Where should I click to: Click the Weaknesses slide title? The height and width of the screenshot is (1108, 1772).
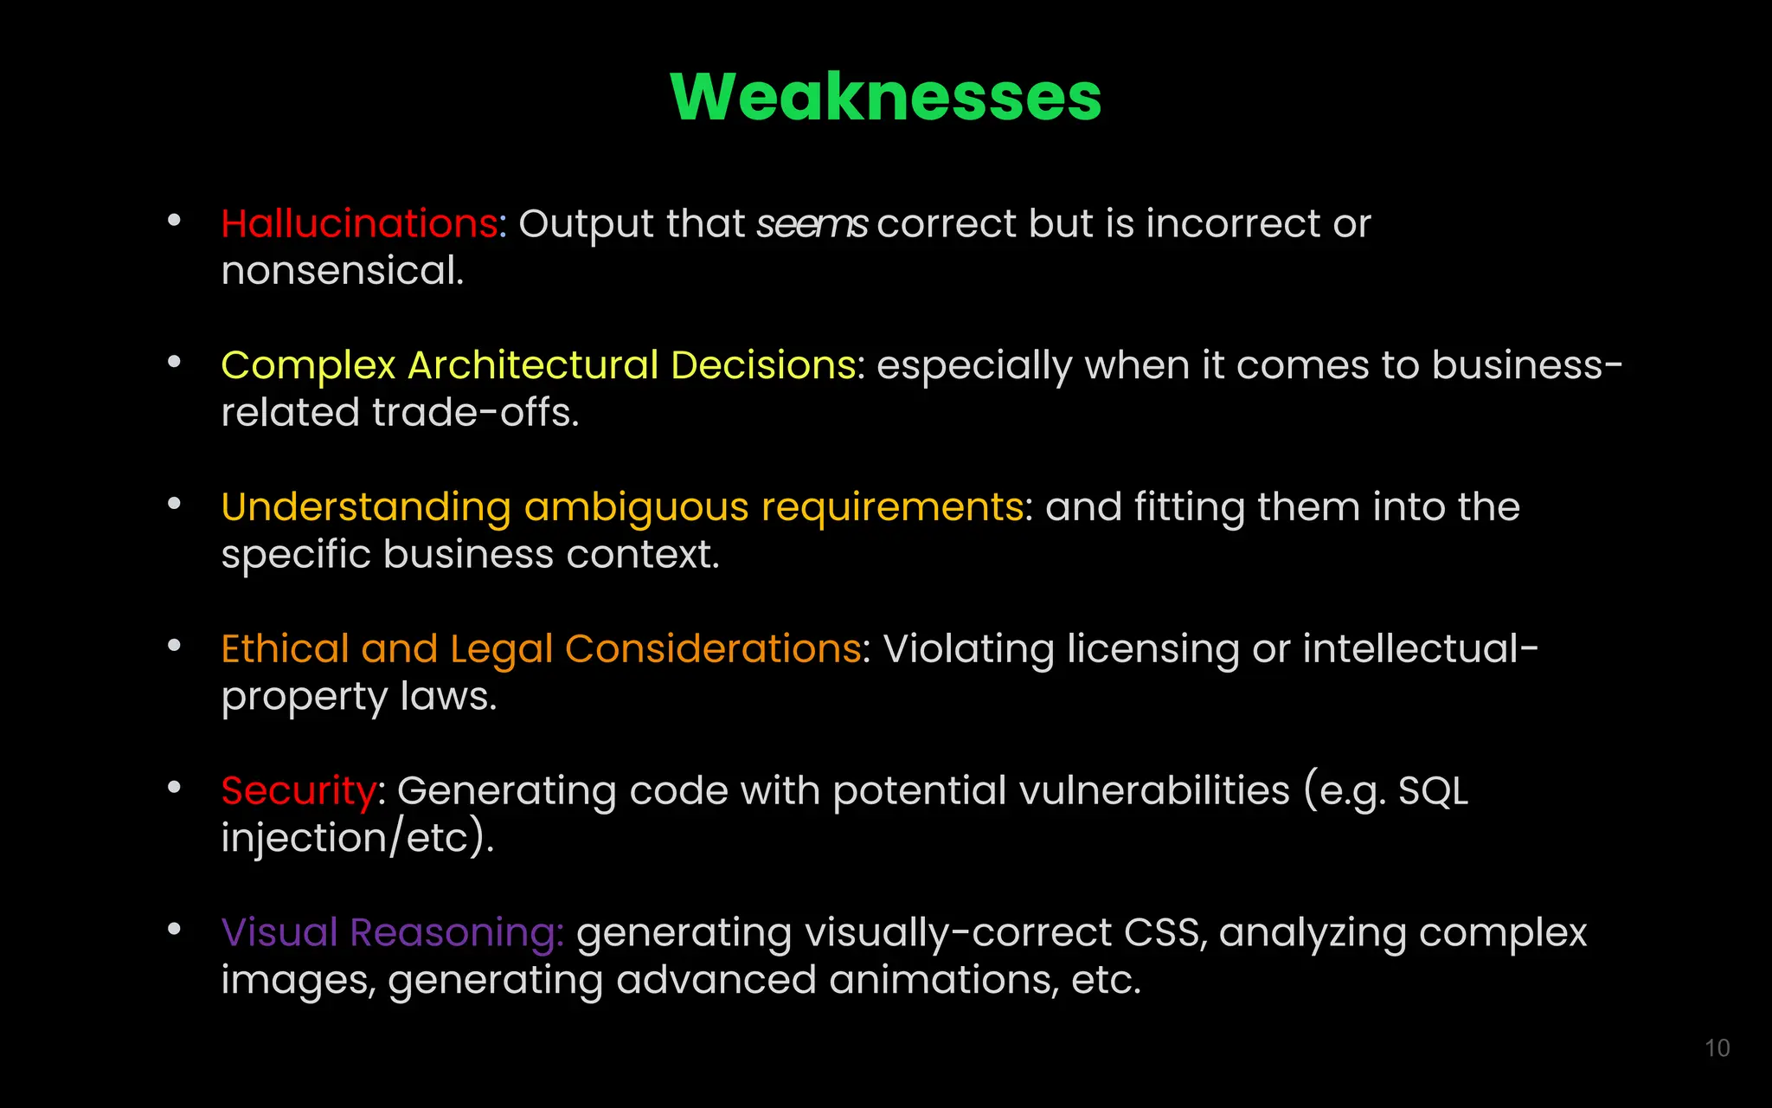point(885,96)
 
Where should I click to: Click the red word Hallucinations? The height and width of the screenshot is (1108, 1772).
point(359,223)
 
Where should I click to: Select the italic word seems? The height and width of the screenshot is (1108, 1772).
point(812,224)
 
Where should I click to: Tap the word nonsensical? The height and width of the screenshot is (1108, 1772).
point(342,271)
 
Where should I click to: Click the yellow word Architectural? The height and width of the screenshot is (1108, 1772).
point(533,365)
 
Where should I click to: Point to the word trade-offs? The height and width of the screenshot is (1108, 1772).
point(475,413)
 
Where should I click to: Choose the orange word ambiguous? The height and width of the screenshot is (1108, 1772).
point(636,507)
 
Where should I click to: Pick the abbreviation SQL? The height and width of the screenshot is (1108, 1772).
point(1433,791)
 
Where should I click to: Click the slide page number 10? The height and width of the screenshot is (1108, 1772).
point(1717,1048)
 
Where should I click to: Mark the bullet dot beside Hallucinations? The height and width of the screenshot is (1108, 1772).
point(174,221)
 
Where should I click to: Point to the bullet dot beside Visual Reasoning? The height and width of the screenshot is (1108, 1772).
point(174,930)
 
